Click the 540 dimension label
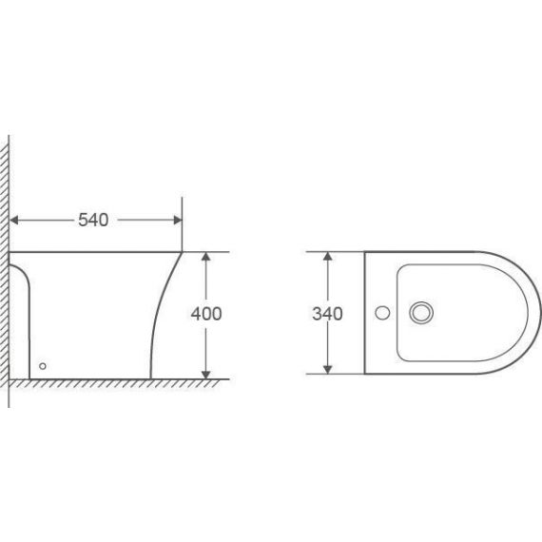pos(93,220)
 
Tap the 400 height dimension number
pos(206,314)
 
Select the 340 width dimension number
pos(327,314)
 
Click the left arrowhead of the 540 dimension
pos(14,221)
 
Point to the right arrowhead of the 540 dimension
pos(178,221)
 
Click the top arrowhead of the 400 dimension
pos(206,257)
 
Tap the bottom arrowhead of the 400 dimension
pos(206,375)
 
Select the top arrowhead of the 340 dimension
pos(328,257)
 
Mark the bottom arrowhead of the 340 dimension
pos(328,370)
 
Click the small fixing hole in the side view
pos(43,366)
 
